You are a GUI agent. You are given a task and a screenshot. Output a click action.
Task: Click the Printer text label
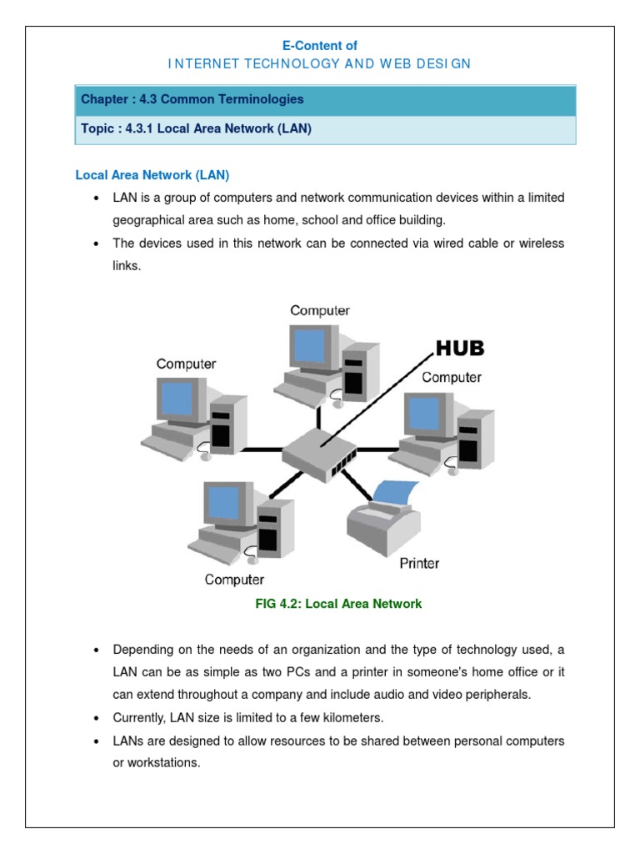(419, 563)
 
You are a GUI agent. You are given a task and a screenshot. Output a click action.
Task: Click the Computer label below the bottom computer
(234, 580)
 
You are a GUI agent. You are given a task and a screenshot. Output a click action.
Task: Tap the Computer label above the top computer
(320, 310)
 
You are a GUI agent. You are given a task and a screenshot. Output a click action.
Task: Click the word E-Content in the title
(321, 46)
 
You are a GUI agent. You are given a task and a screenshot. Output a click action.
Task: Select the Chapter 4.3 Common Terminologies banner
(319, 99)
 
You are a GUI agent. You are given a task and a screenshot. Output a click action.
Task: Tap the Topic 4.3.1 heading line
(196, 129)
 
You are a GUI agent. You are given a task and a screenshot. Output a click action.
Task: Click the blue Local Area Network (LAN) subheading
(152, 175)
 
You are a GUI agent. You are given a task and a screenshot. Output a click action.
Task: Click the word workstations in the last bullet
(165, 762)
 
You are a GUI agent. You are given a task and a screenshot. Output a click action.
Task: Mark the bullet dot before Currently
(97, 718)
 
